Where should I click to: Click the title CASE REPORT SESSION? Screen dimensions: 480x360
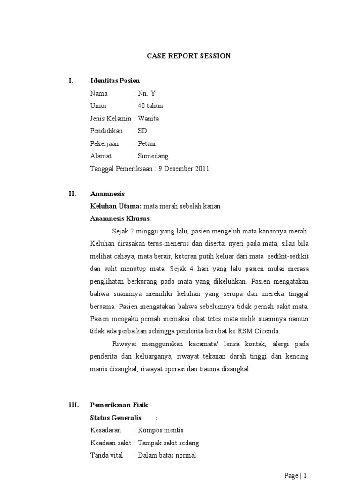tap(189, 56)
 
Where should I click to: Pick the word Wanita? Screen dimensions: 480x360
tap(149, 119)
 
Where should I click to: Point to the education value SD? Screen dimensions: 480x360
tap(142, 131)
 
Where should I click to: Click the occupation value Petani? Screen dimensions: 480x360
tap(148, 144)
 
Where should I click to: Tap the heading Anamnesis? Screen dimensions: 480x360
tap(107, 193)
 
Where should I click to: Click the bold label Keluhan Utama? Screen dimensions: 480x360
tap(116, 206)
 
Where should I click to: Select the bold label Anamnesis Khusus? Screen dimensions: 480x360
tap(121, 218)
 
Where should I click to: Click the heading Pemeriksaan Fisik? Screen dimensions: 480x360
tap(119, 405)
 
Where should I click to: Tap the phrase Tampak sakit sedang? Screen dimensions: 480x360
tap(169, 442)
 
